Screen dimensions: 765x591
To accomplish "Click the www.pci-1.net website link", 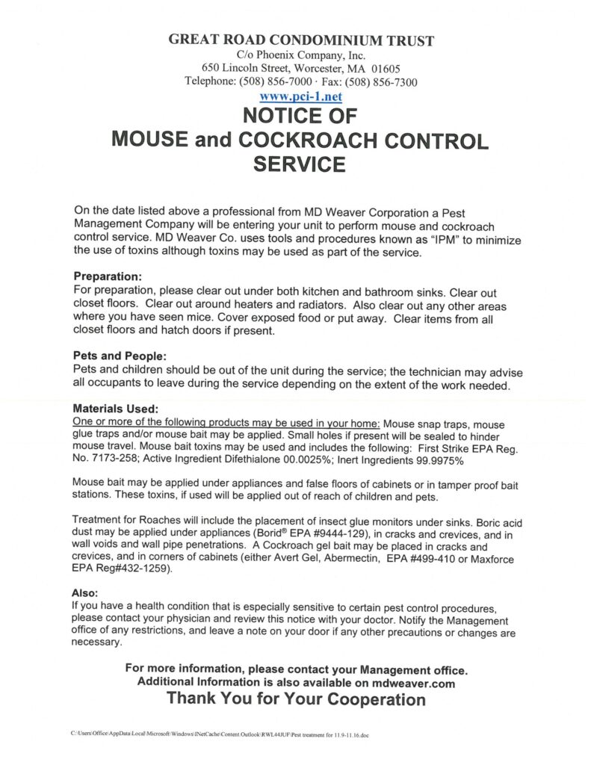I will coord(300,97).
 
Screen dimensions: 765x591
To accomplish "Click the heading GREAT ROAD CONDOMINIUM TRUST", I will coord(301,40).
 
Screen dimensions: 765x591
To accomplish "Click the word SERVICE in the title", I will coord(300,164).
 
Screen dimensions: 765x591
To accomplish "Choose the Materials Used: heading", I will coord(115,409).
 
